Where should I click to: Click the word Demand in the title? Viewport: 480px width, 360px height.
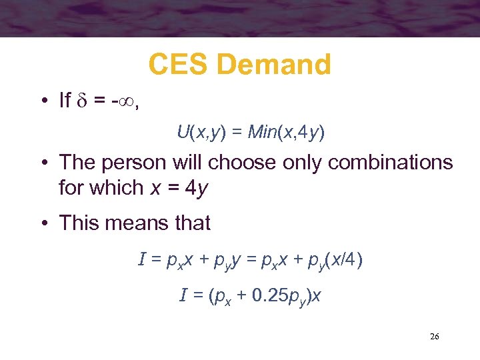point(274,65)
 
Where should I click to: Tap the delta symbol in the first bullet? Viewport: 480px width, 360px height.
point(84,101)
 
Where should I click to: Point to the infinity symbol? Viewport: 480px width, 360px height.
point(125,101)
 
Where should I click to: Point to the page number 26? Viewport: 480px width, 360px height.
point(434,336)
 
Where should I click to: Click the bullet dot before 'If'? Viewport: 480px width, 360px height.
point(42,101)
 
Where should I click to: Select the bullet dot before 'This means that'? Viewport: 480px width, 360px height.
point(42,223)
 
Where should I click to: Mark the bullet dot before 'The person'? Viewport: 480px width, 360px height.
point(42,162)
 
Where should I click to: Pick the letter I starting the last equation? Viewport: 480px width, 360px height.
point(183,294)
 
